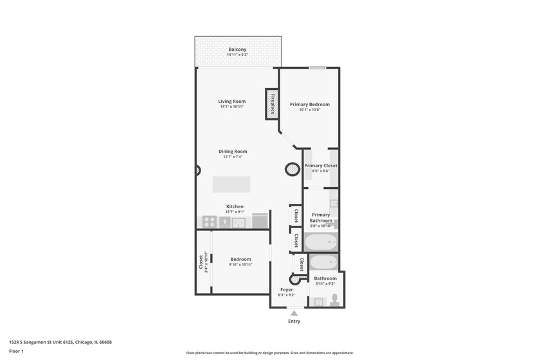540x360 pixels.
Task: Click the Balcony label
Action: (x=237, y=50)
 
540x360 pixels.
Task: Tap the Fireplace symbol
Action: (x=272, y=104)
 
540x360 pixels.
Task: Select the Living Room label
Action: (x=231, y=101)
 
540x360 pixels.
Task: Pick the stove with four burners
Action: (x=209, y=222)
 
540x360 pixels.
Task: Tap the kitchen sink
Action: (x=239, y=222)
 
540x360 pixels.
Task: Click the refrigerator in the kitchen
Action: (x=260, y=221)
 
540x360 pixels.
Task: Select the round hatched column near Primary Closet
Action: (x=292, y=169)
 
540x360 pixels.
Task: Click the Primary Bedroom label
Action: (x=309, y=104)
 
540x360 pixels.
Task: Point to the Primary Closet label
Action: (x=320, y=166)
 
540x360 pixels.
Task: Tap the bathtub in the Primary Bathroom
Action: (x=320, y=242)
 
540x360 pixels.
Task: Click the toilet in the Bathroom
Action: (x=334, y=299)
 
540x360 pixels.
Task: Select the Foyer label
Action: (x=287, y=289)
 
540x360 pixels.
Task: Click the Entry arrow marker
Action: (x=294, y=313)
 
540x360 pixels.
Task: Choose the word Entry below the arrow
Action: (x=294, y=321)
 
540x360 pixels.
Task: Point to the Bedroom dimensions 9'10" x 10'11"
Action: (x=240, y=265)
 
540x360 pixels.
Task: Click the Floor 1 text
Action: (x=17, y=351)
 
